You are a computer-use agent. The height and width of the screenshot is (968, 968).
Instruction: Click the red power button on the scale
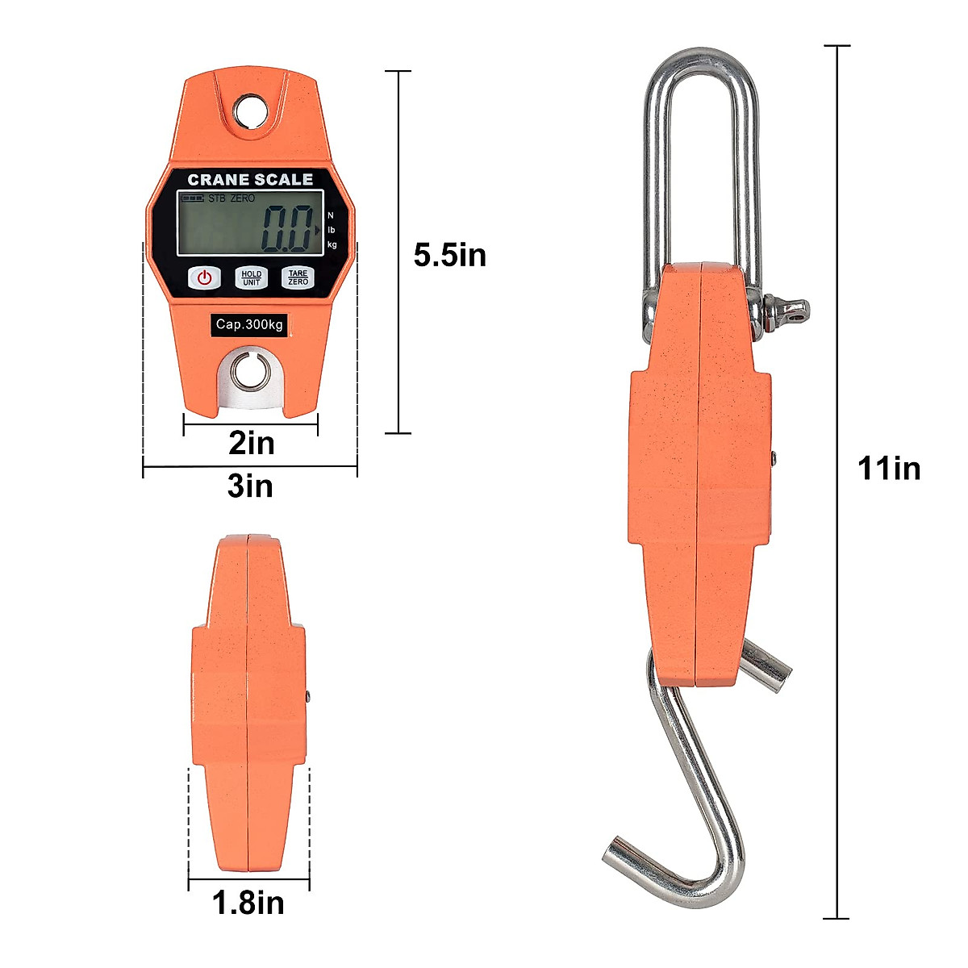tap(204, 277)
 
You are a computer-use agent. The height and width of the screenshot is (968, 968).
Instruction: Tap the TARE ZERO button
tap(298, 277)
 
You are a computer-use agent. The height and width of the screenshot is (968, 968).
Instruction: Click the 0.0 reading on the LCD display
tap(286, 229)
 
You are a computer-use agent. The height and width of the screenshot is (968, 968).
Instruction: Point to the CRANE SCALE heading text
tap(250, 179)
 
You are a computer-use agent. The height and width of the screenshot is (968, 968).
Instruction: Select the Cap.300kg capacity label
tap(249, 324)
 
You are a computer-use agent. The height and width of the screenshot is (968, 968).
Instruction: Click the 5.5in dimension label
tap(450, 255)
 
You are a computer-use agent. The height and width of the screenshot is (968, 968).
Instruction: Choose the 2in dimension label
tap(251, 444)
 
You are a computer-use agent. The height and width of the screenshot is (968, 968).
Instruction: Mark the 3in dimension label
tap(250, 486)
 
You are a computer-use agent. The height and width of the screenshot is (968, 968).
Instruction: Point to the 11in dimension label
tap(889, 469)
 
